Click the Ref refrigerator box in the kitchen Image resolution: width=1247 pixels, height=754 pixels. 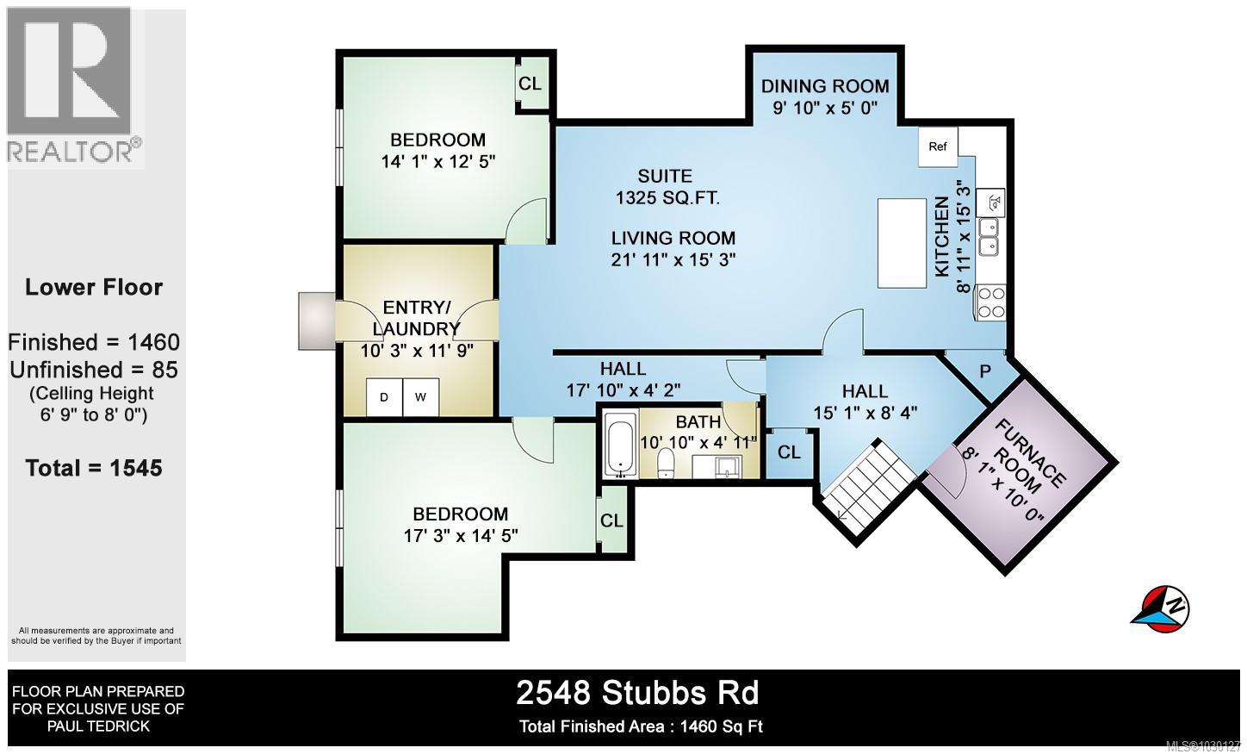(938, 146)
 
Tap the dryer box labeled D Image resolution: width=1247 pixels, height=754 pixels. (384, 397)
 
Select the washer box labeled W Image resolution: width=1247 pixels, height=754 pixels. (421, 397)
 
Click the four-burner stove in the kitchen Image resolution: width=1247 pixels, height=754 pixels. (990, 302)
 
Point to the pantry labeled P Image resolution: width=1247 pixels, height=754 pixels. (985, 371)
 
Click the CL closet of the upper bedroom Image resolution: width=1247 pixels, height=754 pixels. (530, 84)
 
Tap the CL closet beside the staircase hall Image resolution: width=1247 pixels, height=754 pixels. (789, 452)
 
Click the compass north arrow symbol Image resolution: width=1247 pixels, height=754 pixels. (1159, 605)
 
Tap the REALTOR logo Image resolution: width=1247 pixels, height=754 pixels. (74, 86)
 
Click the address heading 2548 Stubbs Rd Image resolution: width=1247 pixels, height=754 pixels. (637, 692)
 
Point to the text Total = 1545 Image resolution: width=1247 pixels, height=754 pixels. (94, 468)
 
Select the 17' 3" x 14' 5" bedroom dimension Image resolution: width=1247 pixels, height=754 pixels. (460, 535)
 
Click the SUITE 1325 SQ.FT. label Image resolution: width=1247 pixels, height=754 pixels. (667, 187)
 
